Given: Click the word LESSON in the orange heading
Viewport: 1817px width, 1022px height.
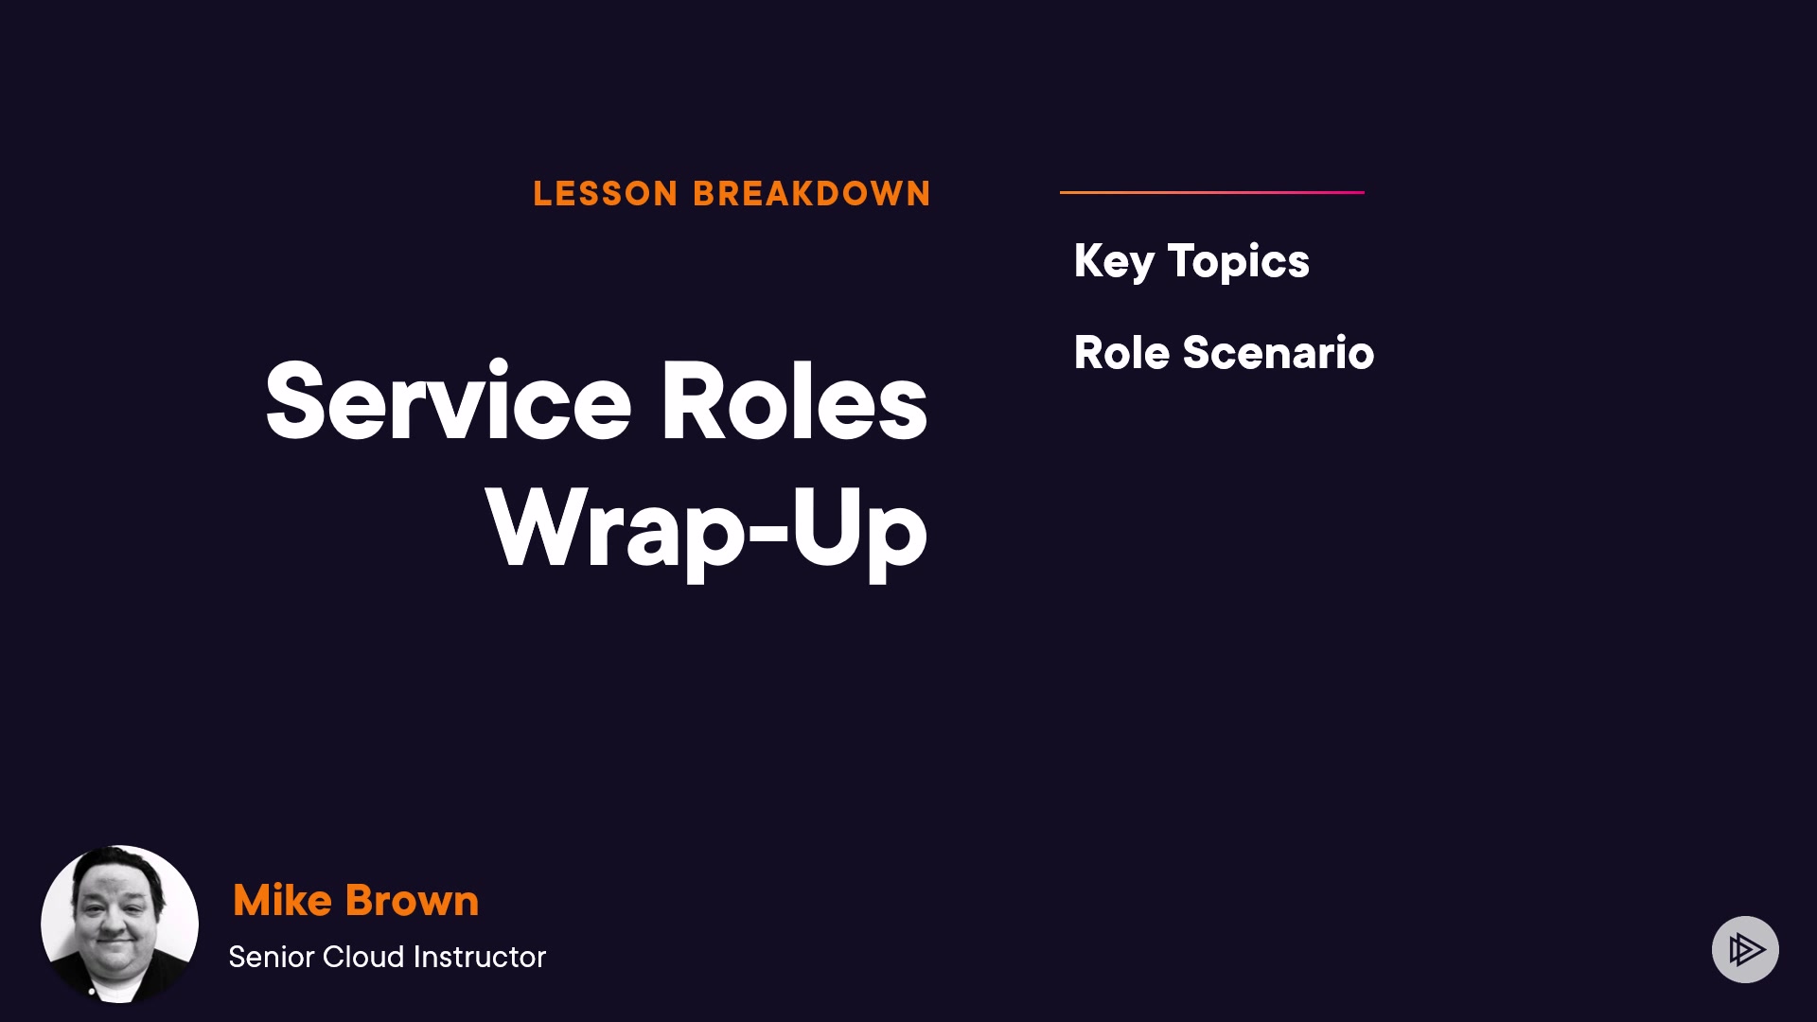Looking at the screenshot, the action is click(606, 194).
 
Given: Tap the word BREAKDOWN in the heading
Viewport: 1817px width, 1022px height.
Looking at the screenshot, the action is click(812, 194).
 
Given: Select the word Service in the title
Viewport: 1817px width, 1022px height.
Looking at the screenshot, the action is click(449, 401).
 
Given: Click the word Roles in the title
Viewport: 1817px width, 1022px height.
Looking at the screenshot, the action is click(793, 401).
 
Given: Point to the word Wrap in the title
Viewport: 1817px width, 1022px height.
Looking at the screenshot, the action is click(616, 530).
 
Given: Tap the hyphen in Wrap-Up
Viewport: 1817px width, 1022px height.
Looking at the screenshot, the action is click(768, 532).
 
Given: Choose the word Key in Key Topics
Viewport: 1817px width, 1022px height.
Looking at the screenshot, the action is click(1114, 262).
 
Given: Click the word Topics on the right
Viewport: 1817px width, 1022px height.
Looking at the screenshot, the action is click(1239, 262).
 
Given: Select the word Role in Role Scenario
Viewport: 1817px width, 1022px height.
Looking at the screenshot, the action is click(1121, 353).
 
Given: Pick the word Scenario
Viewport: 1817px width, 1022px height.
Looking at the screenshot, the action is click(1279, 353).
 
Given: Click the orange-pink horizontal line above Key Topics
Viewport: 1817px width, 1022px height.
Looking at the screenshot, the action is click(1212, 192).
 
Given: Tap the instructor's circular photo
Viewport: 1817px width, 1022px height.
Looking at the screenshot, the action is click(119, 924).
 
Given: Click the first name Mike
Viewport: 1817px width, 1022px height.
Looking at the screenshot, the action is click(282, 900).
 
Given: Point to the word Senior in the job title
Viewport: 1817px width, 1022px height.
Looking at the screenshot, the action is click(272, 957).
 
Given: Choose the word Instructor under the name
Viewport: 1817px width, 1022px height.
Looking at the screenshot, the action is click(480, 957).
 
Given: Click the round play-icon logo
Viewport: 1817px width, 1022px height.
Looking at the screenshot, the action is click(1745, 949).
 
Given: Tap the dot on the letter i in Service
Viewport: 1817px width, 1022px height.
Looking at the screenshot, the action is click(499, 365).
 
